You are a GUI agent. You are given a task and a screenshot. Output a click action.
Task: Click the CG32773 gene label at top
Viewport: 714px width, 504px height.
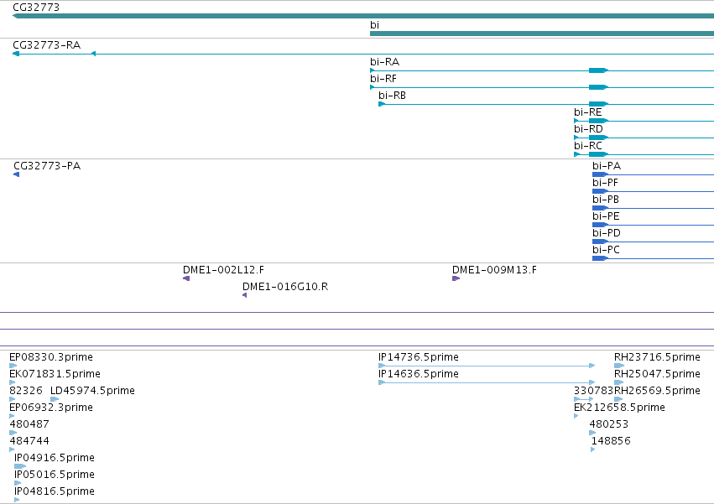click(x=36, y=8)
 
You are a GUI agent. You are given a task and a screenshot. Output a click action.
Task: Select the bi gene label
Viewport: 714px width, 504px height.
click(x=374, y=25)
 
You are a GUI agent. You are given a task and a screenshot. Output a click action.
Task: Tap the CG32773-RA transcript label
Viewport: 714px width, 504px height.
click(x=46, y=45)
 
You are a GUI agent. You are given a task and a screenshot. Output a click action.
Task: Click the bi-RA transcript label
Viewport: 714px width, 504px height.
click(x=384, y=62)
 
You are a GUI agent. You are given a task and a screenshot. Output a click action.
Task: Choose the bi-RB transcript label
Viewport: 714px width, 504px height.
click(x=392, y=96)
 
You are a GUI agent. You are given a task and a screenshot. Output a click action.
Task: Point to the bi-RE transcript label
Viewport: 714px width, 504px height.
click(x=587, y=112)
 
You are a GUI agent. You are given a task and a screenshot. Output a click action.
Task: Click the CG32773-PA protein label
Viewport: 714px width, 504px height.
click(x=47, y=166)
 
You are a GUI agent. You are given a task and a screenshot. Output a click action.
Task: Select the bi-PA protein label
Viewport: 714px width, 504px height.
click(x=607, y=166)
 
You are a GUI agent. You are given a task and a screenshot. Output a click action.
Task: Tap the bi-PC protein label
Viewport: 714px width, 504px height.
click(x=606, y=250)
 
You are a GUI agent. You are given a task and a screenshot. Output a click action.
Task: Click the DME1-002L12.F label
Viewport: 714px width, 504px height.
click(x=223, y=270)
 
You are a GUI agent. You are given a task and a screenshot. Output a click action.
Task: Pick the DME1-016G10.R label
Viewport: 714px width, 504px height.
click(x=285, y=287)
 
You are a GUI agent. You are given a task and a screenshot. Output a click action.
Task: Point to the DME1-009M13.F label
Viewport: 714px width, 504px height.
click(x=494, y=270)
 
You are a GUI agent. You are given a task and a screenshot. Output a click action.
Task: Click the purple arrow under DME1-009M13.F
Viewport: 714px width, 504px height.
click(x=456, y=278)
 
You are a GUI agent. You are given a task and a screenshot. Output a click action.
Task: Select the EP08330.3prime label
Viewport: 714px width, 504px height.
click(x=51, y=357)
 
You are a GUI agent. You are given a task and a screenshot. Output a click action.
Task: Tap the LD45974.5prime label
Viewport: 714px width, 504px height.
click(x=92, y=391)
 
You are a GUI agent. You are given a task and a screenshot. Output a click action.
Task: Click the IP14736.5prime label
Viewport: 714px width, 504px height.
click(x=419, y=357)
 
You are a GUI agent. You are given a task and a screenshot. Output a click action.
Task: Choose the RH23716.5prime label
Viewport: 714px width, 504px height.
click(x=657, y=357)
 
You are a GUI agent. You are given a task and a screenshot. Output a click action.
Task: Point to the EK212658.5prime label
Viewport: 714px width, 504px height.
click(x=619, y=408)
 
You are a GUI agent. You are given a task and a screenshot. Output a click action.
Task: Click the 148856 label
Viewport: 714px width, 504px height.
click(x=611, y=441)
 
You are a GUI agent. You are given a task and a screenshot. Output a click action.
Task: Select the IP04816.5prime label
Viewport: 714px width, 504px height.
click(x=55, y=491)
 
